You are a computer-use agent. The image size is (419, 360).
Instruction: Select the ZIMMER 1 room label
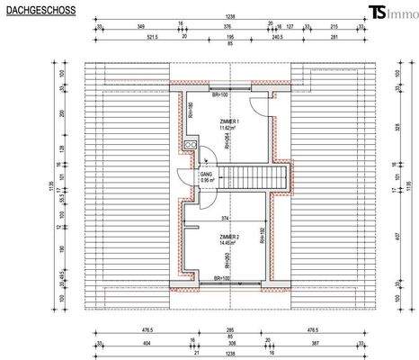tap(228, 121)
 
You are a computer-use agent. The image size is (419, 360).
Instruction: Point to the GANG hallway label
tap(207, 173)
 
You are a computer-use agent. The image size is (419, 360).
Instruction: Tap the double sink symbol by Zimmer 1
tap(190, 147)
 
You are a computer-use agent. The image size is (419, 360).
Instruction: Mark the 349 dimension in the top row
tap(140, 28)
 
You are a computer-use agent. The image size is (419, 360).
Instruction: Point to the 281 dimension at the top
tap(334, 39)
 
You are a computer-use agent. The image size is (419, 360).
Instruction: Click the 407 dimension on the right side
tap(397, 236)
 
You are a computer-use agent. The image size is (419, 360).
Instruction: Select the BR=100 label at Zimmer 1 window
tap(218, 94)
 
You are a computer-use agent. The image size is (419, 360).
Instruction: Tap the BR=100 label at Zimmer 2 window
tap(220, 279)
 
